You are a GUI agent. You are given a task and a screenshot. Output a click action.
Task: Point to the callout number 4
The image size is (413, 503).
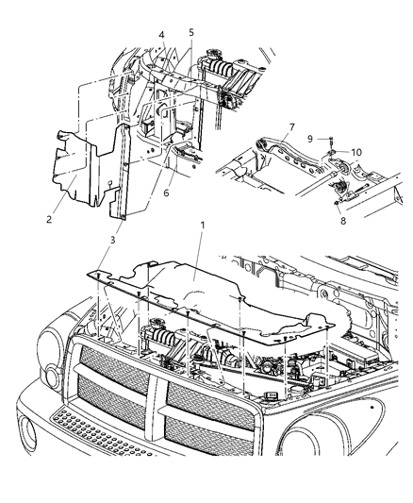click(161, 36)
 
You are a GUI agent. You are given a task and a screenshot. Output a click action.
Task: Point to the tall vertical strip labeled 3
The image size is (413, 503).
click(122, 175)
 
